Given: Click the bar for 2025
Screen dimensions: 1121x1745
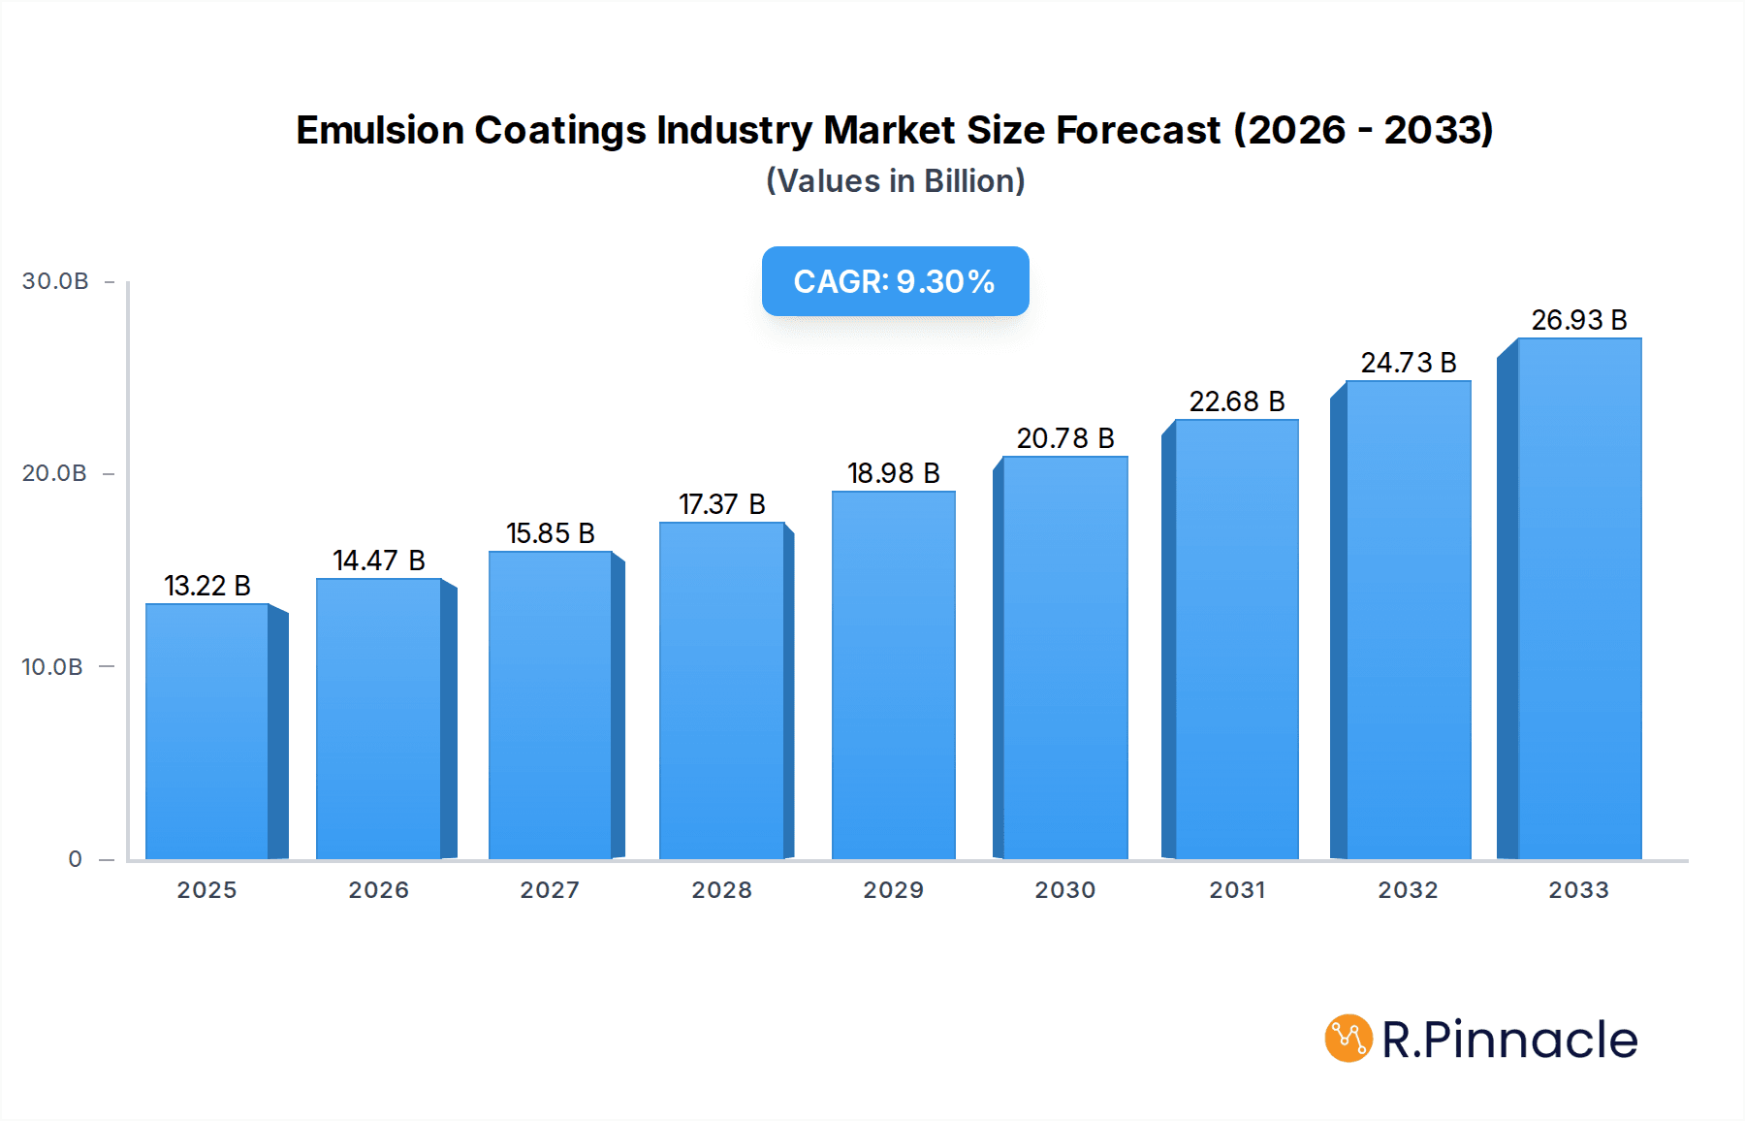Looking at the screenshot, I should (x=207, y=732).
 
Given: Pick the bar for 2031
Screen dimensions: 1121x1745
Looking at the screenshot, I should (x=1236, y=640).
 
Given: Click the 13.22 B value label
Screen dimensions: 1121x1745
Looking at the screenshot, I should (x=207, y=586).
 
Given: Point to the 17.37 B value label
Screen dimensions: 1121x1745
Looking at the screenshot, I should (x=722, y=504).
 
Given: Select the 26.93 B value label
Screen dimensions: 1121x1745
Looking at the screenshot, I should (x=1579, y=320).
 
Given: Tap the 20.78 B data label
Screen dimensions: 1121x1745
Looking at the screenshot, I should (x=1065, y=438).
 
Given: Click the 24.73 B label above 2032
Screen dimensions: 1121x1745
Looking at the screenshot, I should (x=1409, y=363).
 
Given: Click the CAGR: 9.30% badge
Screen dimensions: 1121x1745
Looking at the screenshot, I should (x=895, y=281).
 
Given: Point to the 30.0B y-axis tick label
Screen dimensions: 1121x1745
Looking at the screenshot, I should (x=55, y=281).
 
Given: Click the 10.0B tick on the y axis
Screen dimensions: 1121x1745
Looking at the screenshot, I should (x=52, y=667).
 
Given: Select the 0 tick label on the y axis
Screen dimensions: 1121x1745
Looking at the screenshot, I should (x=76, y=859).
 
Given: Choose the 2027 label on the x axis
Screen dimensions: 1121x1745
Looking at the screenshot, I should (x=550, y=890).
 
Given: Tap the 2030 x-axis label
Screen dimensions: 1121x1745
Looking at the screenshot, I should (x=1065, y=890).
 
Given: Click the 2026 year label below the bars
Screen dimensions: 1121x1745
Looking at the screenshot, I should (x=379, y=890).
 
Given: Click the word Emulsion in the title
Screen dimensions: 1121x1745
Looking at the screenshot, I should (x=379, y=130).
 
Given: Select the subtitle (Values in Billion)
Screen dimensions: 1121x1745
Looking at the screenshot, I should (x=895, y=181).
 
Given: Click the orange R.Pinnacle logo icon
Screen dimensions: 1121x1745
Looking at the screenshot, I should (x=1348, y=1039).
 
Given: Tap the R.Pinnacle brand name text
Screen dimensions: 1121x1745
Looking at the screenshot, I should (x=1509, y=1040).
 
